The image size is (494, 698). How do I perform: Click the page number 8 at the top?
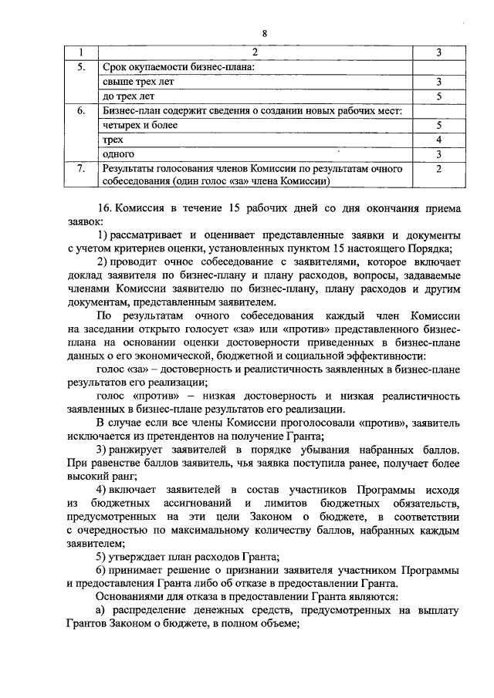click(264, 33)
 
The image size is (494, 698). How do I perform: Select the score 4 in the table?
click(438, 140)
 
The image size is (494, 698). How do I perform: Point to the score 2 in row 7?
click(438, 168)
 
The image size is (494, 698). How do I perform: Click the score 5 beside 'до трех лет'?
click(438, 96)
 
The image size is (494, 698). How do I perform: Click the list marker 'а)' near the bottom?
click(102, 611)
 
